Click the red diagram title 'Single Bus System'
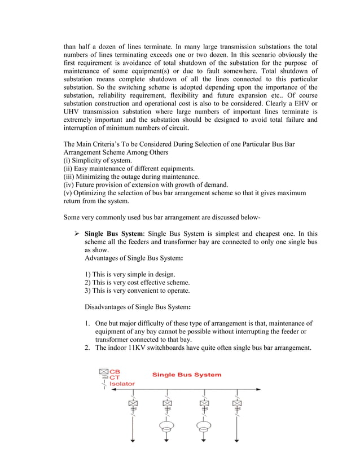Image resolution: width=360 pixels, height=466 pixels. [187, 375]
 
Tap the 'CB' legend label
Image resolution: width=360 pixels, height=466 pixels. [115, 372]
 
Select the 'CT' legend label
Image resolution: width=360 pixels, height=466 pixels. [115, 377]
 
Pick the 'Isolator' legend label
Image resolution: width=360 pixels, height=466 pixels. [122, 384]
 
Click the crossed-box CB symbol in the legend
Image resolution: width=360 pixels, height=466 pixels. [103, 372]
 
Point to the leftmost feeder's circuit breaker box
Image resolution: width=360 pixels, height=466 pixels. [134, 405]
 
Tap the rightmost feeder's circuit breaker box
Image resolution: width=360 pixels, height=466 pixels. [235, 405]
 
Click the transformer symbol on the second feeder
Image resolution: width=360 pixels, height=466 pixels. [168, 427]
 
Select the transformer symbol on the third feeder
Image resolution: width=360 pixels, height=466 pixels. [201, 427]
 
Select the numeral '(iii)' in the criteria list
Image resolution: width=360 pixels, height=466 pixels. [70, 176]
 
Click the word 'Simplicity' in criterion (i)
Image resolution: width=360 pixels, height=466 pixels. [90, 160]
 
